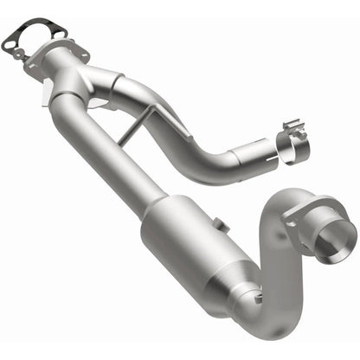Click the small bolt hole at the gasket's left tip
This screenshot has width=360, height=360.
(x=8, y=38)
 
